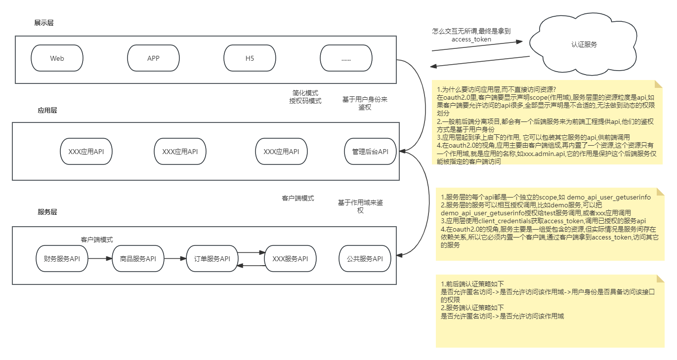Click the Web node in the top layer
point(57,58)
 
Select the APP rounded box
point(153,58)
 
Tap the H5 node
point(250,58)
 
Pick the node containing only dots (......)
point(345,58)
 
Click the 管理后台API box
point(370,152)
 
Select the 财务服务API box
point(62,259)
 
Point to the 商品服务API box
point(138,259)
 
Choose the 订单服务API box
point(212,259)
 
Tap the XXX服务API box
point(290,259)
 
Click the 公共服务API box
point(365,259)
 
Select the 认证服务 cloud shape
point(584,44)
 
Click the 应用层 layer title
point(47,110)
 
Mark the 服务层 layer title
point(47,212)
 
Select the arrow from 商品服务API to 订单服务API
point(175,258)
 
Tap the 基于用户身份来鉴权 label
point(365,103)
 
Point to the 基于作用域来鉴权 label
point(360,206)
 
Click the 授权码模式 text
point(305,101)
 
